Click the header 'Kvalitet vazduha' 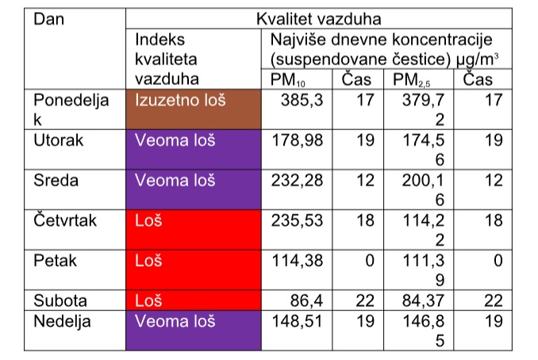tap(319, 19)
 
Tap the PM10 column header tap(287, 80)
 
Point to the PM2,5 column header tap(411, 80)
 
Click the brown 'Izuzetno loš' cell tap(194, 109)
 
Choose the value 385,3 tap(302, 100)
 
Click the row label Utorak tap(59, 140)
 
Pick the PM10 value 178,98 tap(297, 140)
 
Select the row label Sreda tap(56, 180)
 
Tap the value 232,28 tap(297, 180)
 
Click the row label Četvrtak tap(65, 220)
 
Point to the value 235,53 tap(297, 220)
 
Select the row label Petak tap(55, 261)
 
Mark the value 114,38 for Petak tap(298, 261)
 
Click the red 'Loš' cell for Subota tap(194, 301)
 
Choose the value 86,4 tap(306, 301)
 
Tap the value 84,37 tap(423, 301)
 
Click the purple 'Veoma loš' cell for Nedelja tap(194, 331)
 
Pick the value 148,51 tap(297, 321)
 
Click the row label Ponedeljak tap(71, 109)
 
